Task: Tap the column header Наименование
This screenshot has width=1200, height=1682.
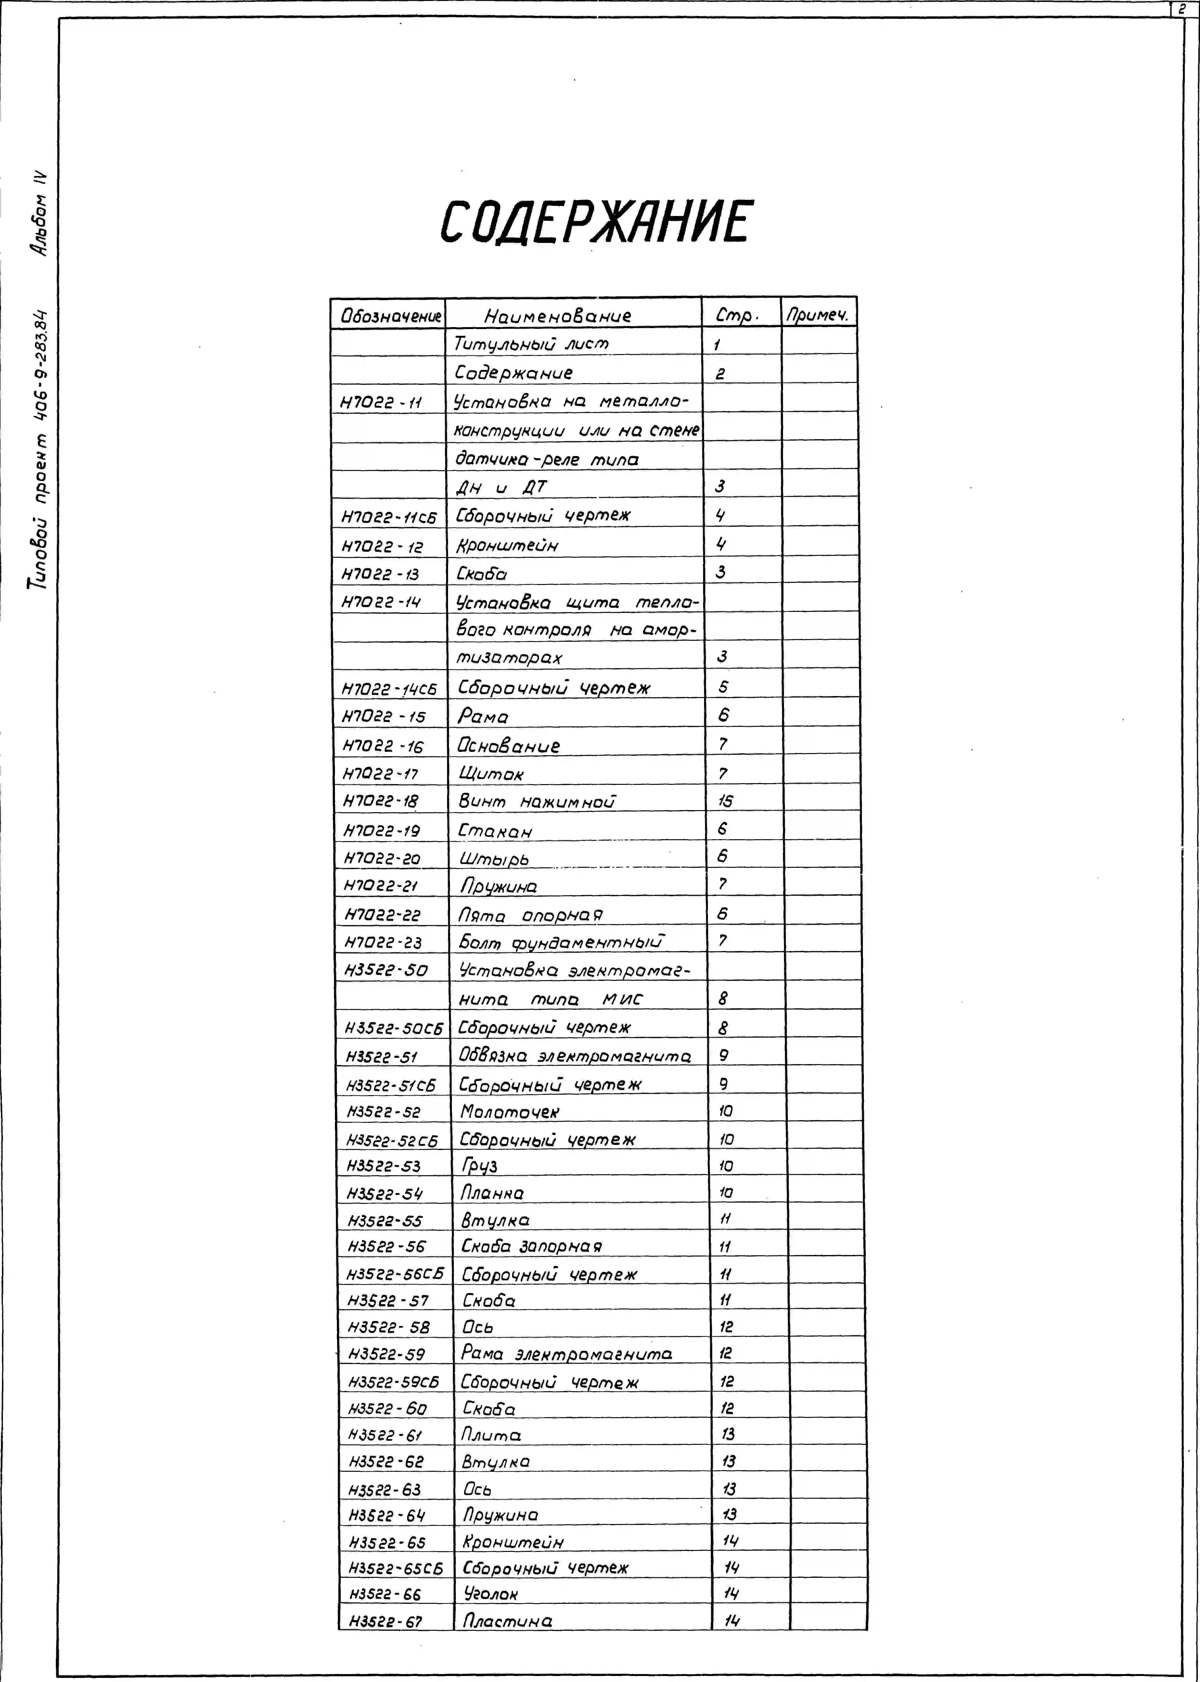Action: (558, 316)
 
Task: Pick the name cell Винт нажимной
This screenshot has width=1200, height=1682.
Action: (537, 801)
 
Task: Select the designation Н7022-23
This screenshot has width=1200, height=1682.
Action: (383, 943)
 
